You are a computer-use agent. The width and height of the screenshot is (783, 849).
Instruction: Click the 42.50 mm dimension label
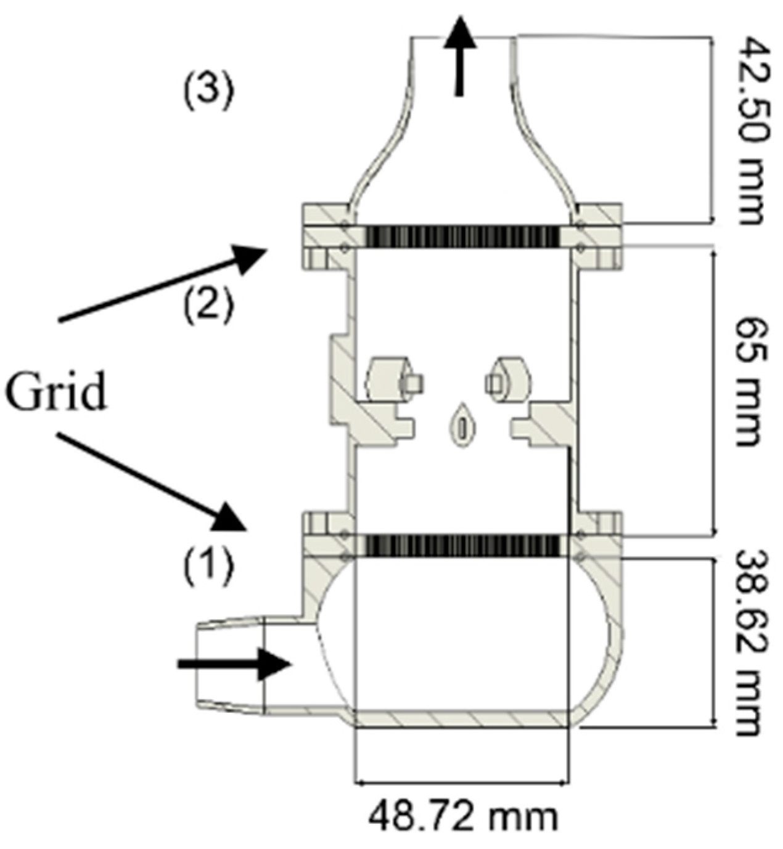(x=751, y=131)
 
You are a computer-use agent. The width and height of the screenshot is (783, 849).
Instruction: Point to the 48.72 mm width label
(x=463, y=817)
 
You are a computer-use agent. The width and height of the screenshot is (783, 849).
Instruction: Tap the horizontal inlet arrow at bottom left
(x=234, y=664)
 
